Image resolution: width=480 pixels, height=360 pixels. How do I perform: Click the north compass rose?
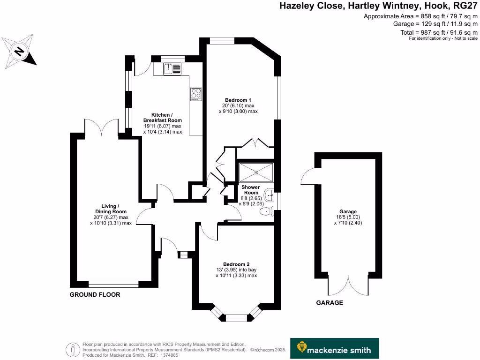coord(19,50)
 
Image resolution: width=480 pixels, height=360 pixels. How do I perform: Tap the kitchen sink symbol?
coord(172,69)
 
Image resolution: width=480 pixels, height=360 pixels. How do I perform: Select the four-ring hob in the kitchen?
coord(195,94)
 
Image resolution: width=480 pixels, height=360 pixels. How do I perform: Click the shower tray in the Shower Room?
coord(256,172)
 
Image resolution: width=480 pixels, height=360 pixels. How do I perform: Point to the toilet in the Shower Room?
coord(266,212)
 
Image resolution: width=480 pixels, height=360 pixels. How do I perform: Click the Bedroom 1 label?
coord(238,100)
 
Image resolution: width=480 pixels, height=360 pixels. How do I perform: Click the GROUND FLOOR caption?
coord(95,295)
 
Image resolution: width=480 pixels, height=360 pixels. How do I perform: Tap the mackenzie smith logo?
coord(334,349)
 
